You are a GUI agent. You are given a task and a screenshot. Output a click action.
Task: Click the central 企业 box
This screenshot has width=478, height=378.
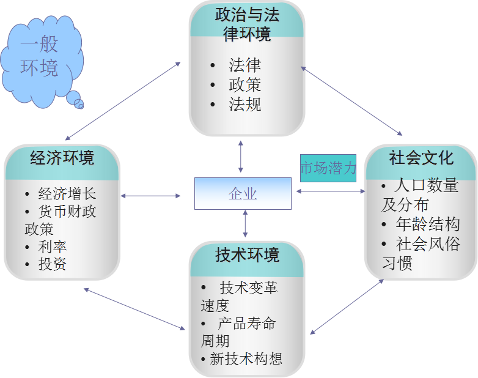click(243, 193)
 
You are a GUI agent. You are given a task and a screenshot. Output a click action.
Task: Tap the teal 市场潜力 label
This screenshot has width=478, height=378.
click(328, 168)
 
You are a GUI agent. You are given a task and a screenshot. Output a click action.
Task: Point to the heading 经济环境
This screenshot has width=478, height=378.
click(62, 158)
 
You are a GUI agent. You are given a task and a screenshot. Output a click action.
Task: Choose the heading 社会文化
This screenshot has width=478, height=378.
click(421, 158)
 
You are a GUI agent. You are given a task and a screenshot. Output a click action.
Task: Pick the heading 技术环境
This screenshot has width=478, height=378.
click(247, 254)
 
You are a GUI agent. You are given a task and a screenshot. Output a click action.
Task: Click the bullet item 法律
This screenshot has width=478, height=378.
click(245, 65)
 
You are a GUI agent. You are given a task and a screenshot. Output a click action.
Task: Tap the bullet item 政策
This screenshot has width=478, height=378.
click(245, 84)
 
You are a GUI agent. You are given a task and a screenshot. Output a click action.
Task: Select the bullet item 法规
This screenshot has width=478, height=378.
click(245, 104)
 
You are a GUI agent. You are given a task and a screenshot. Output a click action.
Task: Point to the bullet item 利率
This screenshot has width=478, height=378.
click(53, 247)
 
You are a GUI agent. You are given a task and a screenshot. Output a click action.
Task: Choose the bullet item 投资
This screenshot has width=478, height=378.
click(53, 264)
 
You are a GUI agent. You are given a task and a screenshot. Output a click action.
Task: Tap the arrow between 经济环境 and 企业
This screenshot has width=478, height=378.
click(151, 196)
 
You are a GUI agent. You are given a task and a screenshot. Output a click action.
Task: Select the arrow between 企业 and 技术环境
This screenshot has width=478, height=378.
click(245, 223)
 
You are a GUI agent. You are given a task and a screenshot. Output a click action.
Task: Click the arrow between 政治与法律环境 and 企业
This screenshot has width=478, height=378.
click(241, 156)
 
